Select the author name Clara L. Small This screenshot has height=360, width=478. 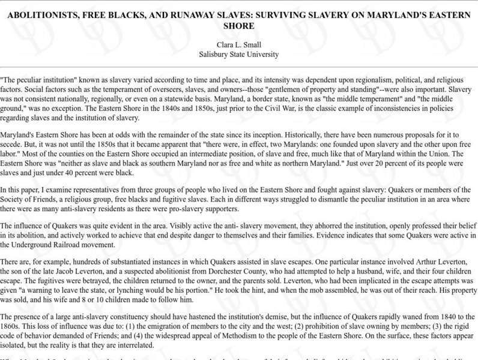point(239,44)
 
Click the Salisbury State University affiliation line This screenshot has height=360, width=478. point(239,53)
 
